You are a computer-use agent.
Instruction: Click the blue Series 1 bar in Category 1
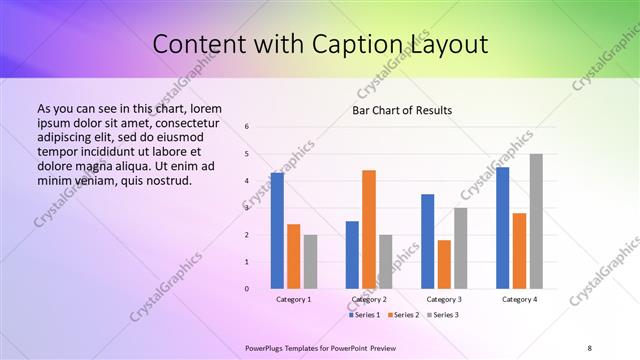coord(277,231)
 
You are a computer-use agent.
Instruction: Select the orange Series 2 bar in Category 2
coord(369,229)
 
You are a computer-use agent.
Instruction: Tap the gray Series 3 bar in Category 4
coord(536,222)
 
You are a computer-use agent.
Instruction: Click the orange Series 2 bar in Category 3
coord(444,264)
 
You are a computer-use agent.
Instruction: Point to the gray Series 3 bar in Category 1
coord(310,262)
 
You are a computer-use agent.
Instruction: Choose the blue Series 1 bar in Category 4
coord(502,228)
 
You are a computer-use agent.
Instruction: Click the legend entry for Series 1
coord(366,315)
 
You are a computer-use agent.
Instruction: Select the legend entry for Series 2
coord(403,315)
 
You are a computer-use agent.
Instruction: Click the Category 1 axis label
coord(294,299)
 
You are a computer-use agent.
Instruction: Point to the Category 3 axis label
coord(444,299)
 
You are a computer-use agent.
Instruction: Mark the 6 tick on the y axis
coord(247,127)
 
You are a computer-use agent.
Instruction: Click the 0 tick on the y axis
coord(247,289)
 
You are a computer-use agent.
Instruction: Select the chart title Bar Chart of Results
coord(402,110)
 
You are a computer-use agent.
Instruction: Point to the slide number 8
coord(590,347)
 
